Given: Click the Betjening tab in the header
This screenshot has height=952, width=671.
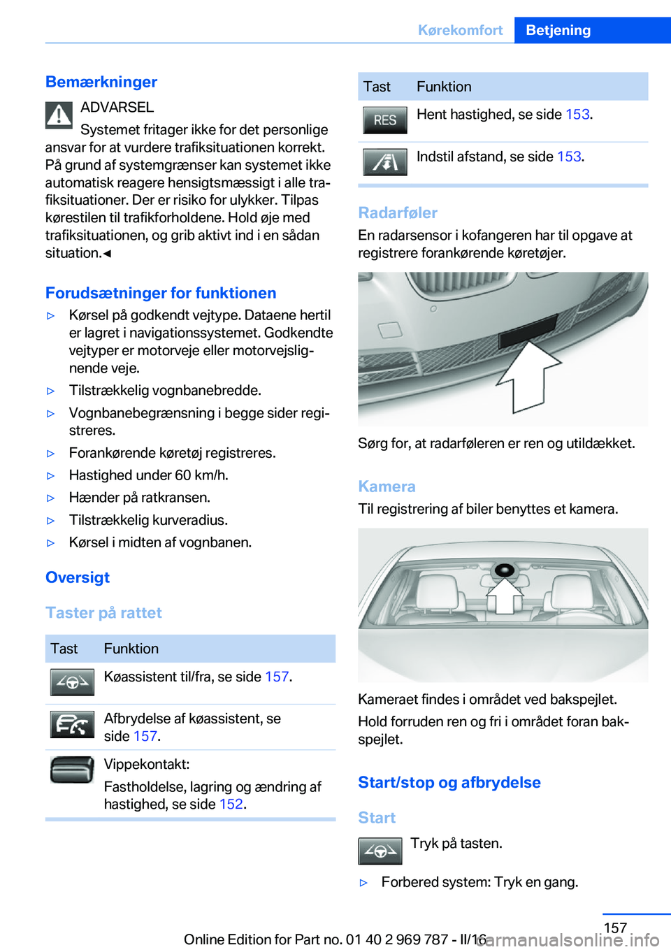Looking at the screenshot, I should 558,30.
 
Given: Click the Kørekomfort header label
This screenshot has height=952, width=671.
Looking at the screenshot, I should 460,30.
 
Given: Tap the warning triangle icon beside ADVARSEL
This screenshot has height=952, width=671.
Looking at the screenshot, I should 59,115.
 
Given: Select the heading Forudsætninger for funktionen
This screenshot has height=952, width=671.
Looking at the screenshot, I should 161,293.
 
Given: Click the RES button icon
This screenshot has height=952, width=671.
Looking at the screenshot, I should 384,120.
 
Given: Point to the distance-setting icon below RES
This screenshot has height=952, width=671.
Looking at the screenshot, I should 384,162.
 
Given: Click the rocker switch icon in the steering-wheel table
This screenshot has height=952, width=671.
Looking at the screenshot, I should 72,770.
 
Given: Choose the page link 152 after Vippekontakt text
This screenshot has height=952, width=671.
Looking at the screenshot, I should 231,805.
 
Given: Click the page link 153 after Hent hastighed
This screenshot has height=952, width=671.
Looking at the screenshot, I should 577,115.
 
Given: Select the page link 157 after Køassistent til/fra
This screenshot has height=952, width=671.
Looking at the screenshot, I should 277,677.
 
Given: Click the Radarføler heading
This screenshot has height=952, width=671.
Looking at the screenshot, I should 398,212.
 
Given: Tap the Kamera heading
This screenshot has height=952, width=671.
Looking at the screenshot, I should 387,486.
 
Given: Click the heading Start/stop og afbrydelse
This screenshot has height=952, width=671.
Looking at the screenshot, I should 449,782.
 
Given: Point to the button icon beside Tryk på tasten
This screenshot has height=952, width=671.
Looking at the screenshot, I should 380,851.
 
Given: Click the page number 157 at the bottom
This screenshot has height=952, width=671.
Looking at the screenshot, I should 615,928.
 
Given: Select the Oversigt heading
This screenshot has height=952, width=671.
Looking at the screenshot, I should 78,577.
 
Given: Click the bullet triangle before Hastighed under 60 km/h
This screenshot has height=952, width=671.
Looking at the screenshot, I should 50,476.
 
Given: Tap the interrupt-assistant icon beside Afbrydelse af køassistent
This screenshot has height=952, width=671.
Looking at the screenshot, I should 72,724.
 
